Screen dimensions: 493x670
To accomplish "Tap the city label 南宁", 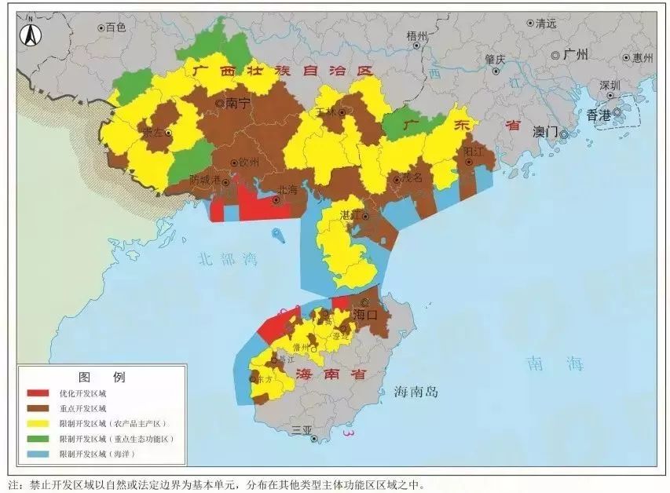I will tap(236, 103).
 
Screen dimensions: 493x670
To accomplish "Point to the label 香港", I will tap(598, 115).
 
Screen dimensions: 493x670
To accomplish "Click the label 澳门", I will tap(544, 131).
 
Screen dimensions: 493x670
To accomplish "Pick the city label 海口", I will tap(365, 314).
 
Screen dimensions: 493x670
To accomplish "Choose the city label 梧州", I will tap(417, 36).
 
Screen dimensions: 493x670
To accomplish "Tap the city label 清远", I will tap(545, 24).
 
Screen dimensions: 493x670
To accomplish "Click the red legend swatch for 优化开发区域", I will tap(38, 393).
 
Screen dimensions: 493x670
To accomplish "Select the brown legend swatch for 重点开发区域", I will tap(38, 408).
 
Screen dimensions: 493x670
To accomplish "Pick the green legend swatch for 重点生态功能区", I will tap(38, 439).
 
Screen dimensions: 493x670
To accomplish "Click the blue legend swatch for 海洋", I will tap(38, 454).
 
